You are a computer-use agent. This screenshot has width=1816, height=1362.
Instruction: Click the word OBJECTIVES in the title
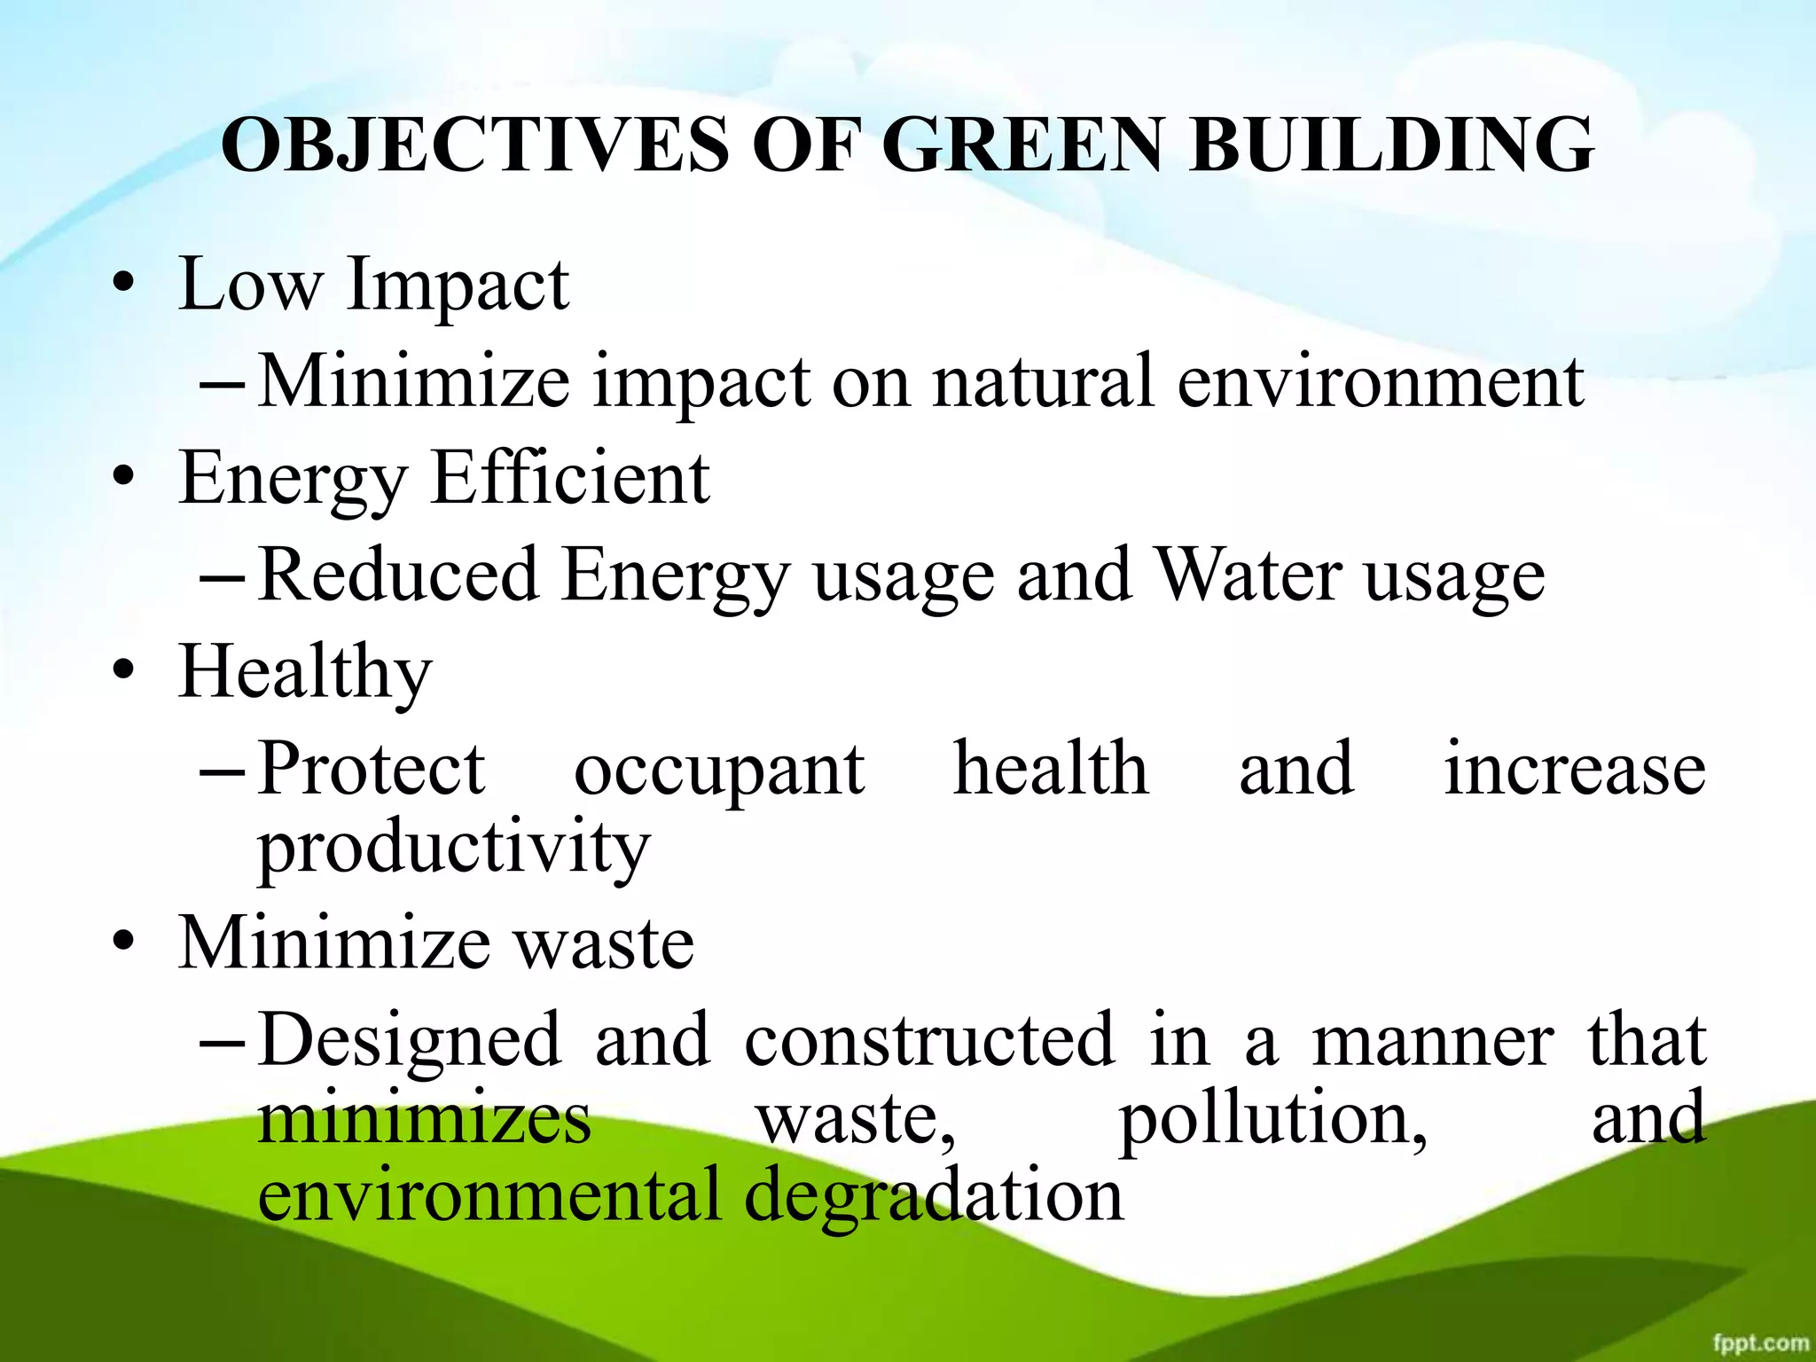[x=475, y=145]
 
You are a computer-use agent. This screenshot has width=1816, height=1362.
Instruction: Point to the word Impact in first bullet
[x=458, y=286]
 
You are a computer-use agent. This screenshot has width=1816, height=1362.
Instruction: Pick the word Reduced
[x=399, y=575]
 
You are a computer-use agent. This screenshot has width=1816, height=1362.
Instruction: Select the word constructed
[x=928, y=1039]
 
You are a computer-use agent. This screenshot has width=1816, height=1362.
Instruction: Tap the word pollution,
[x=1272, y=1119]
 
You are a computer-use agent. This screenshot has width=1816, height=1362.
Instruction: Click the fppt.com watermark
[x=1760, y=1342]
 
